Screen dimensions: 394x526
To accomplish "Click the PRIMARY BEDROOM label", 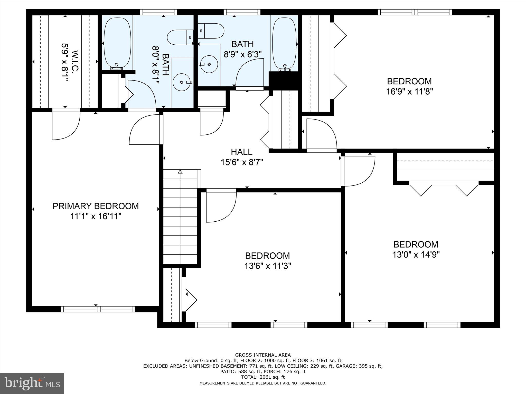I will tap(96, 206).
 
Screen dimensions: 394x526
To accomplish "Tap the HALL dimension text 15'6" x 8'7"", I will tap(242, 162).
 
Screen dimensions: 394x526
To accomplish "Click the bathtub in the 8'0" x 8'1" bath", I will tap(117, 43).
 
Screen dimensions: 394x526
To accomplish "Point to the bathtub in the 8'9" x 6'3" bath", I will tap(284, 43).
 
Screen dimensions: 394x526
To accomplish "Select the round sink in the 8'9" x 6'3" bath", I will tap(209, 64).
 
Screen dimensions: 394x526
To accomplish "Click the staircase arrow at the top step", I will tap(180, 172).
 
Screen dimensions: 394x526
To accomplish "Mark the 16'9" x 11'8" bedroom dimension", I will tap(410, 92).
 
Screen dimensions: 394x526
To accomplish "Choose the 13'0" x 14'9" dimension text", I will tap(416, 255).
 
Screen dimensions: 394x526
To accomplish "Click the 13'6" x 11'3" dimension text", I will tap(268, 266).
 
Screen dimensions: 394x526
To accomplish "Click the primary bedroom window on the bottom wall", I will tap(98, 309).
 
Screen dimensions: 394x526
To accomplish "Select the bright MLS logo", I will tap(32, 383).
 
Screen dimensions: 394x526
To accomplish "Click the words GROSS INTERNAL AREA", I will tap(263, 355).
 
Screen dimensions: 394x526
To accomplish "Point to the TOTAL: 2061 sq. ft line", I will tap(263, 377).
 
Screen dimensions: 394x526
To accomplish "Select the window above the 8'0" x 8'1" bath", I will tap(158, 12).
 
